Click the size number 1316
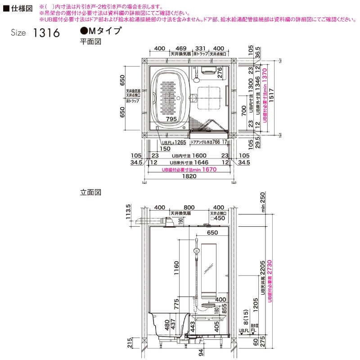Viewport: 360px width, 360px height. coord(46,33)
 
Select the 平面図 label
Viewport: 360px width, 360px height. coord(89,41)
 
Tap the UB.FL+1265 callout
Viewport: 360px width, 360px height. coord(173,142)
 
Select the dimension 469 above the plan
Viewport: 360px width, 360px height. coord(181,48)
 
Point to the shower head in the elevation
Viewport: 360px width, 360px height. coord(196,251)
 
